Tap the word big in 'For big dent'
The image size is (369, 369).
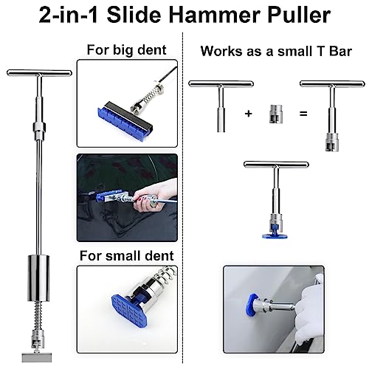[x=123, y=50]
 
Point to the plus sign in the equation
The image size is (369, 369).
[x=249, y=114]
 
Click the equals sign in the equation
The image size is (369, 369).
[x=303, y=114]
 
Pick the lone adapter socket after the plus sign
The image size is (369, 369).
[x=276, y=114]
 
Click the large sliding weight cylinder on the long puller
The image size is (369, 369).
[x=38, y=278]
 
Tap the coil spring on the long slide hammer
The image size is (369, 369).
[x=38, y=316]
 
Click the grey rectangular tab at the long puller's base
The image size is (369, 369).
[x=37, y=357]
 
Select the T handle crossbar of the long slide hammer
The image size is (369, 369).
[x=39, y=73]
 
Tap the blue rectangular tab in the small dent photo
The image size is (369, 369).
[x=128, y=309]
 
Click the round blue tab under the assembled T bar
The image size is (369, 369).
[x=275, y=236]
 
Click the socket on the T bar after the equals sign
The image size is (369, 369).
[x=332, y=142]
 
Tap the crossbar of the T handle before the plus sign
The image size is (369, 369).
[x=221, y=84]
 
